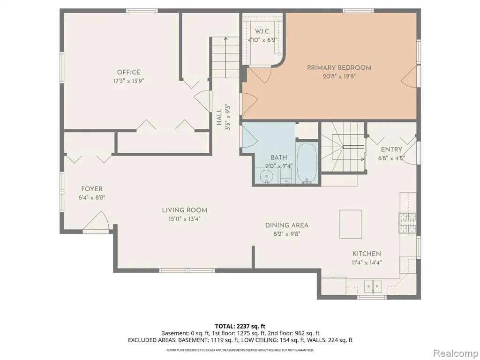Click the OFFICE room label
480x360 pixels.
(x=128, y=72)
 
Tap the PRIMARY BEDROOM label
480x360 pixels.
(x=339, y=67)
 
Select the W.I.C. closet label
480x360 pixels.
(x=262, y=31)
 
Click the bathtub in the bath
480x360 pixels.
(x=307, y=163)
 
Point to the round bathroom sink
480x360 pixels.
(x=266, y=177)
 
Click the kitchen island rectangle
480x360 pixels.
(x=350, y=224)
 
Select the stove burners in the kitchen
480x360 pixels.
(x=407, y=223)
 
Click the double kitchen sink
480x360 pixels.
(x=373, y=286)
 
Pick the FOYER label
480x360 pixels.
(x=92, y=189)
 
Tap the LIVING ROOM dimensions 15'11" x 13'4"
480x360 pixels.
(x=184, y=219)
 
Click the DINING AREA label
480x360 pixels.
(x=287, y=225)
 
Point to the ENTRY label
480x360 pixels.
(x=391, y=150)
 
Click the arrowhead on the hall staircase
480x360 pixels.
(x=225, y=39)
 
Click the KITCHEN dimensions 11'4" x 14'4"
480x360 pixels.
(x=367, y=262)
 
